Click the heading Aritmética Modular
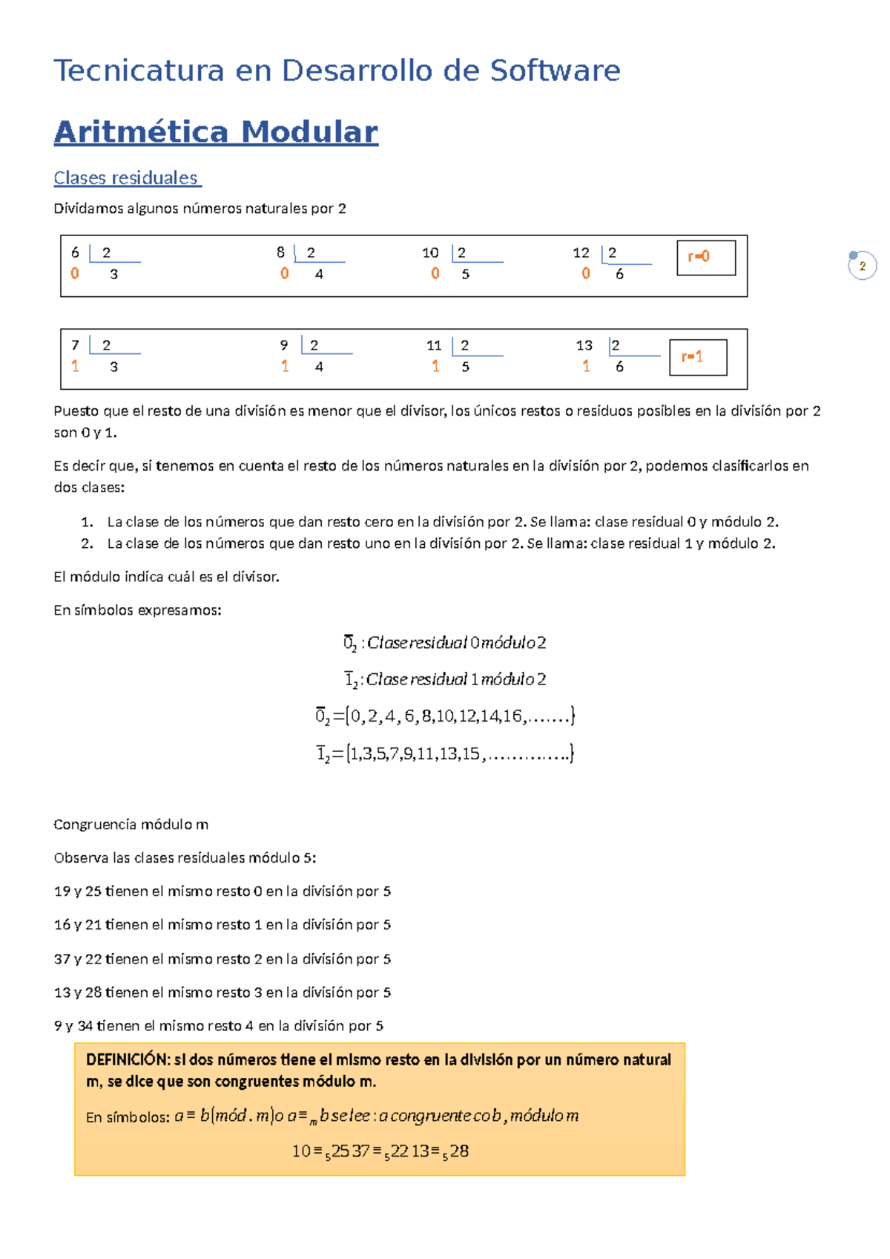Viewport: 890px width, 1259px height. coord(216,132)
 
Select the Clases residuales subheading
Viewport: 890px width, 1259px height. coord(126,178)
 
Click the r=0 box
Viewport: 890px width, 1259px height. coord(705,257)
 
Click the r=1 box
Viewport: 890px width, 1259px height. coord(697,357)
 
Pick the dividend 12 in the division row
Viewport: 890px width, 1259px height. coord(581,253)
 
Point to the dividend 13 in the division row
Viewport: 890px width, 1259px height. coord(584,345)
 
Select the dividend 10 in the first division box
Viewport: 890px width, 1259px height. coord(430,253)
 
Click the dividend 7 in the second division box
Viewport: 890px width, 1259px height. coord(75,345)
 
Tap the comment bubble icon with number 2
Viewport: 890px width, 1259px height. coord(862,266)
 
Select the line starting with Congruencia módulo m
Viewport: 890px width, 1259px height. coord(131,825)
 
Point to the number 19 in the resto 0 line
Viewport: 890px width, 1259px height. coord(62,892)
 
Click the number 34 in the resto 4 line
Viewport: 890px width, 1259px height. coord(85,1026)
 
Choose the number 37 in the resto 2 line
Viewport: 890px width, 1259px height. coord(62,959)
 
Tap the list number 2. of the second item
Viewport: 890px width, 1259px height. coord(87,543)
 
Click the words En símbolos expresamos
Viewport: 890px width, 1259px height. coord(137,610)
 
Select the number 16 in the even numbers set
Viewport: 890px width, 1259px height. coord(512,716)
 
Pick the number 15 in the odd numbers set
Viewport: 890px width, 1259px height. coord(471,754)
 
